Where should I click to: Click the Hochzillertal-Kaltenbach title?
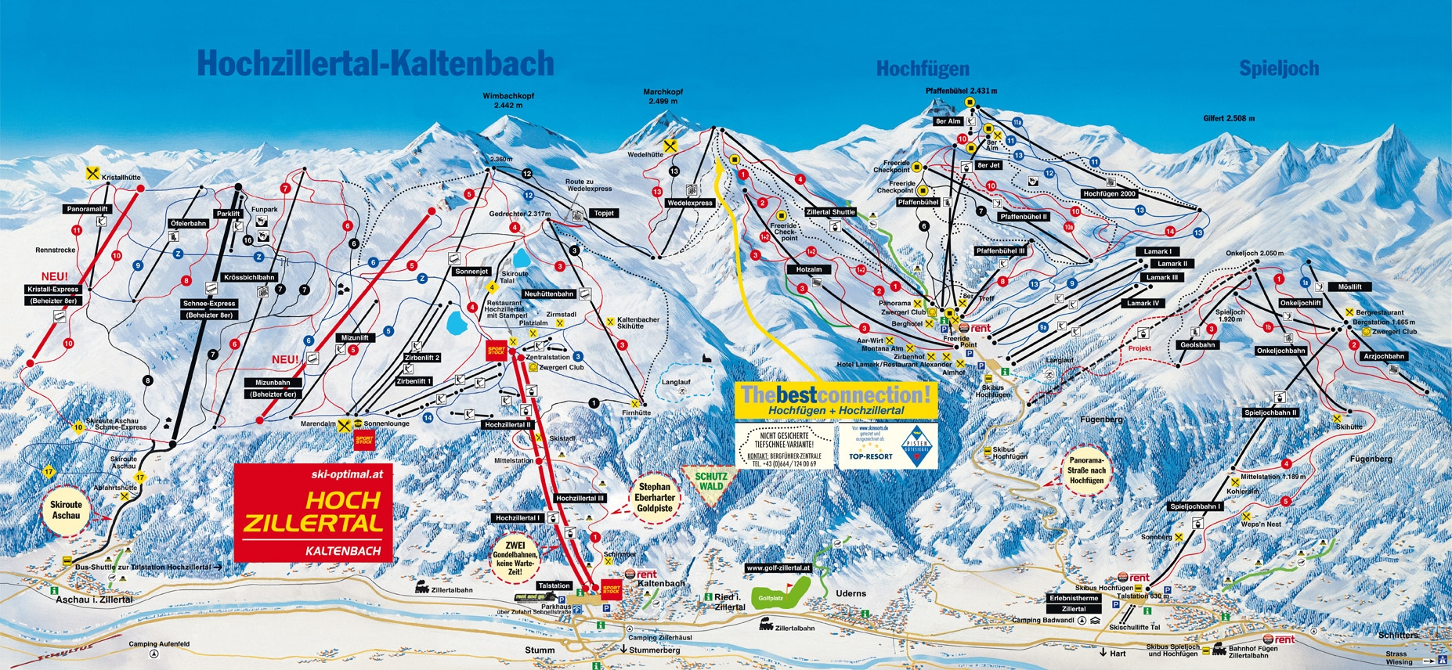coord(375,63)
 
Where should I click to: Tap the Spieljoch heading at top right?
coord(1278,69)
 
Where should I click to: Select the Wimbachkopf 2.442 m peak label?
coord(507,100)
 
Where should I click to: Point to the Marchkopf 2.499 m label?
coord(663,96)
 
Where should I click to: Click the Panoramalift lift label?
coord(87,209)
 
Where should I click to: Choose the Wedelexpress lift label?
coord(690,203)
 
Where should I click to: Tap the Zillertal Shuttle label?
coord(831,212)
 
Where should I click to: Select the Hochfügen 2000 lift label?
coord(1109,193)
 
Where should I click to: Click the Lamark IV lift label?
coord(1144,303)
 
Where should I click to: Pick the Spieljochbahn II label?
coord(1270,412)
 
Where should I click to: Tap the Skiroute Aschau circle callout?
coord(66,510)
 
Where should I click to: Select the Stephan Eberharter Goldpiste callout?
coord(654,498)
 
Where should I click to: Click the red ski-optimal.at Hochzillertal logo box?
coord(313,512)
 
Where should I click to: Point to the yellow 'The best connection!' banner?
coord(836,399)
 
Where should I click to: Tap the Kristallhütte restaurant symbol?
coord(93,174)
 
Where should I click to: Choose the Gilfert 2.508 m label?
coord(1229,118)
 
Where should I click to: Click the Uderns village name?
coord(851,593)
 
